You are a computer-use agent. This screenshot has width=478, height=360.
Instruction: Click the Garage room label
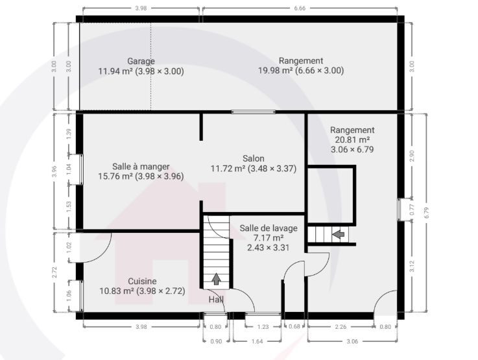click(x=141, y=61)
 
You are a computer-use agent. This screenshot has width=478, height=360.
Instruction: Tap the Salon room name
click(x=254, y=158)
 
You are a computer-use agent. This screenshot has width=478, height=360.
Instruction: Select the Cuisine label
click(x=142, y=282)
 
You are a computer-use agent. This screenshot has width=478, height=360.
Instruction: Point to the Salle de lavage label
click(x=269, y=228)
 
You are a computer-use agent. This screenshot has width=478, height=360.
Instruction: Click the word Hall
click(x=216, y=300)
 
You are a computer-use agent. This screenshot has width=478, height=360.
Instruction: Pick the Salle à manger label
click(x=141, y=167)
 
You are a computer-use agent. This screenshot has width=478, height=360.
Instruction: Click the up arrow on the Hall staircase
click(x=216, y=279)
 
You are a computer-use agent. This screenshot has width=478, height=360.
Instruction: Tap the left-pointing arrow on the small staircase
click(x=338, y=235)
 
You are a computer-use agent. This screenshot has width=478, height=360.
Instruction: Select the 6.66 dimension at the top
click(x=300, y=8)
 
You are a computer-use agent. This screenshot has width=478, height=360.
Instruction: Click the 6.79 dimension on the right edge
click(x=426, y=213)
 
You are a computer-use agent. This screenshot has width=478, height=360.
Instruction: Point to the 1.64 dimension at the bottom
click(x=257, y=341)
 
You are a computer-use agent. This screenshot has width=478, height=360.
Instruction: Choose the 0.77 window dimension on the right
click(x=412, y=210)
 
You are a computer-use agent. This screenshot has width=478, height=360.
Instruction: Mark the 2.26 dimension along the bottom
click(x=341, y=327)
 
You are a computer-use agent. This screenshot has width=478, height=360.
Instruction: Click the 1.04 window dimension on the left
click(x=69, y=169)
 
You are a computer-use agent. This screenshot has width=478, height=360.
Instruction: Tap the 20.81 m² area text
click(x=352, y=140)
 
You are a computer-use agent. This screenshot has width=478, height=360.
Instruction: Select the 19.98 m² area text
click(x=275, y=71)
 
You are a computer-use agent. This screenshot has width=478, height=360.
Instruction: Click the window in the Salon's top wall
click(x=254, y=112)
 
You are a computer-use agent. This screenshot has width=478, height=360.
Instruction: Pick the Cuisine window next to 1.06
click(x=82, y=296)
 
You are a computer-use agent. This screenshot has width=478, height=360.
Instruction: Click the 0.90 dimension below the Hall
click(x=216, y=341)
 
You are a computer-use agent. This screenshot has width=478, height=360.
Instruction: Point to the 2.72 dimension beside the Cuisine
click(x=54, y=272)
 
